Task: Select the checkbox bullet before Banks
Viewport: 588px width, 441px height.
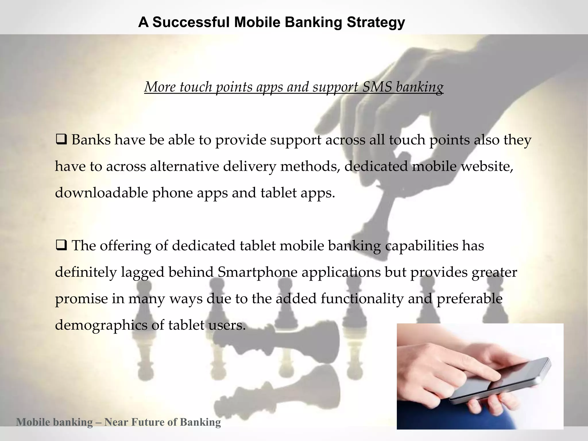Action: click(61, 140)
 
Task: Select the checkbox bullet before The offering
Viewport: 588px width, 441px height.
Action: click(61, 246)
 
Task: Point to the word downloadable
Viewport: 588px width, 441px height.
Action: click(101, 193)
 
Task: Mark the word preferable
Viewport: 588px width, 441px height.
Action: click(469, 299)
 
